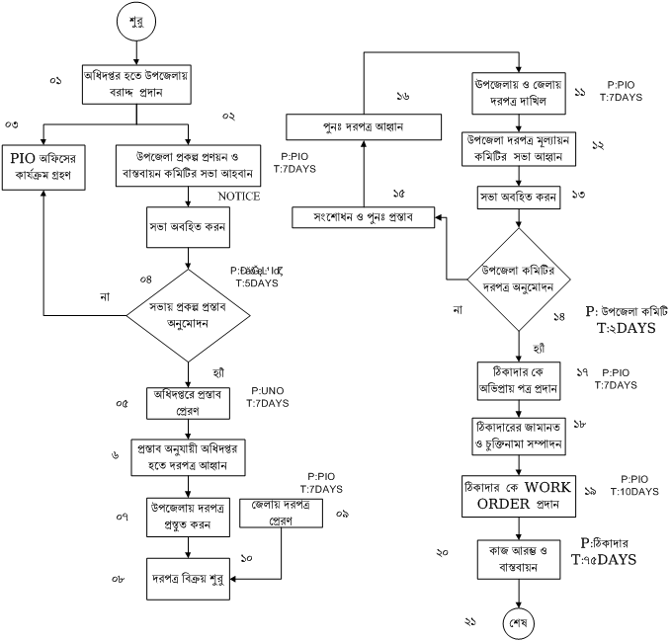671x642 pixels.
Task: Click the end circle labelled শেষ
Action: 519,623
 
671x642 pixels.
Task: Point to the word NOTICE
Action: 238,197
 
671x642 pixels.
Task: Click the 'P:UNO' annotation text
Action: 268,391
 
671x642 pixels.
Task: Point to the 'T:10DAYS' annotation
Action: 632,491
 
